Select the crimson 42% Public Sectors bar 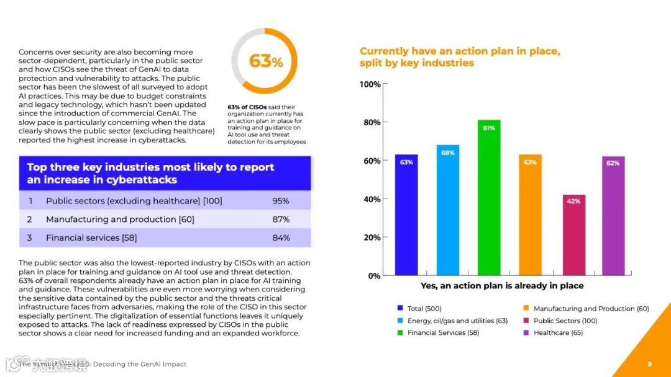[573, 235]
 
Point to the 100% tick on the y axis [370, 84]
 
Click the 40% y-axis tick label [372, 199]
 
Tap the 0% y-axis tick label [374, 275]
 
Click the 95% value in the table [281, 201]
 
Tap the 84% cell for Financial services [281, 237]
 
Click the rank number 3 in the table [29, 237]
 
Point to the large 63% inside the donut [266, 61]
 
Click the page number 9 [649, 364]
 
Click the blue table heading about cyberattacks [150, 174]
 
